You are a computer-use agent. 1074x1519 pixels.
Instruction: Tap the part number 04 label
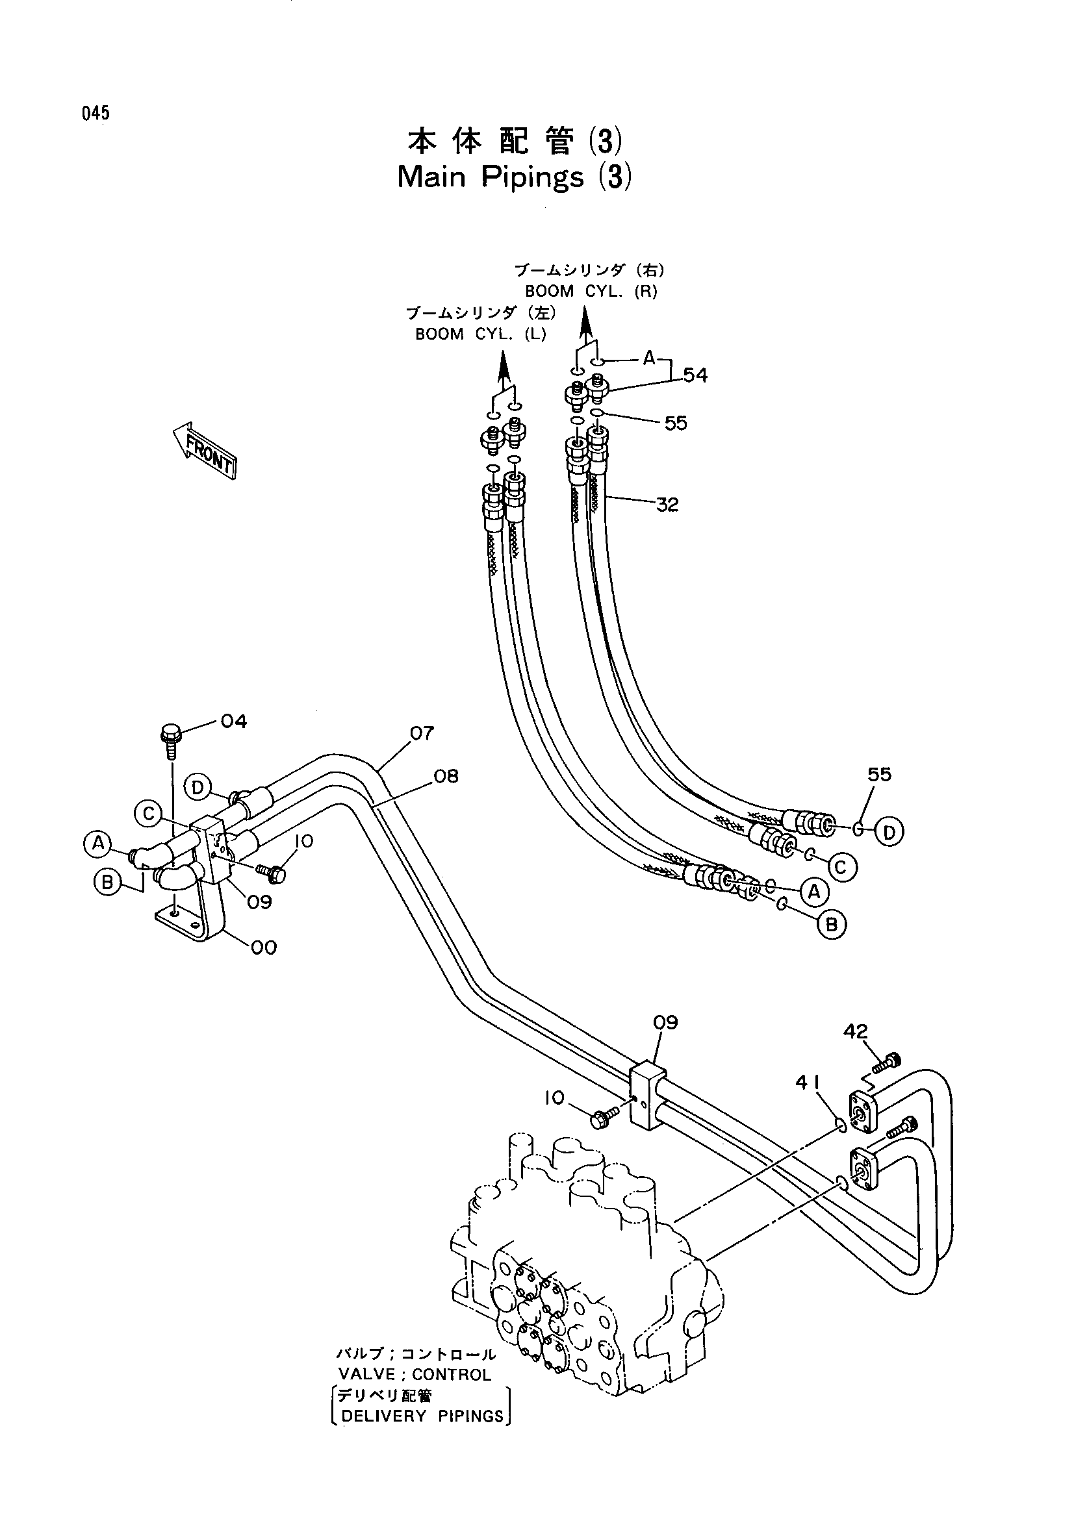coord(234,721)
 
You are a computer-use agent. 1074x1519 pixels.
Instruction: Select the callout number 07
coord(422,733)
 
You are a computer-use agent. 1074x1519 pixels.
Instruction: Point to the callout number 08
coord(446,775)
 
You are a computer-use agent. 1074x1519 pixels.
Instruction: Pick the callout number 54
coord(695,376)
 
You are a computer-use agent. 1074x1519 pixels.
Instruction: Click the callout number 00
coord(263,948)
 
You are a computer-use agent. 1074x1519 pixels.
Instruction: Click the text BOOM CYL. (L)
coord(480,334)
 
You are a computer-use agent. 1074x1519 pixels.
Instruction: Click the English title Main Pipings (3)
coord(515,177)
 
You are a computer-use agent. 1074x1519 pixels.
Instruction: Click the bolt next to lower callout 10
coord(604,1118)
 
